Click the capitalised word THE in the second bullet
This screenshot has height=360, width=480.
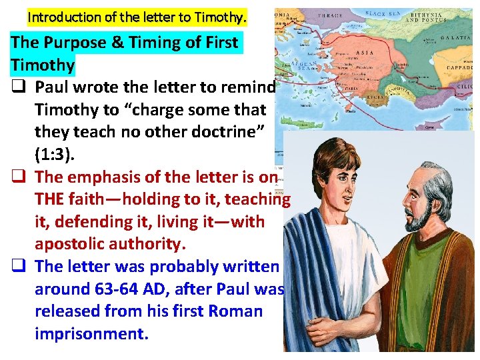click(51, 199)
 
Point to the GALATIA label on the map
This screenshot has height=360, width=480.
click(458, 39)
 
